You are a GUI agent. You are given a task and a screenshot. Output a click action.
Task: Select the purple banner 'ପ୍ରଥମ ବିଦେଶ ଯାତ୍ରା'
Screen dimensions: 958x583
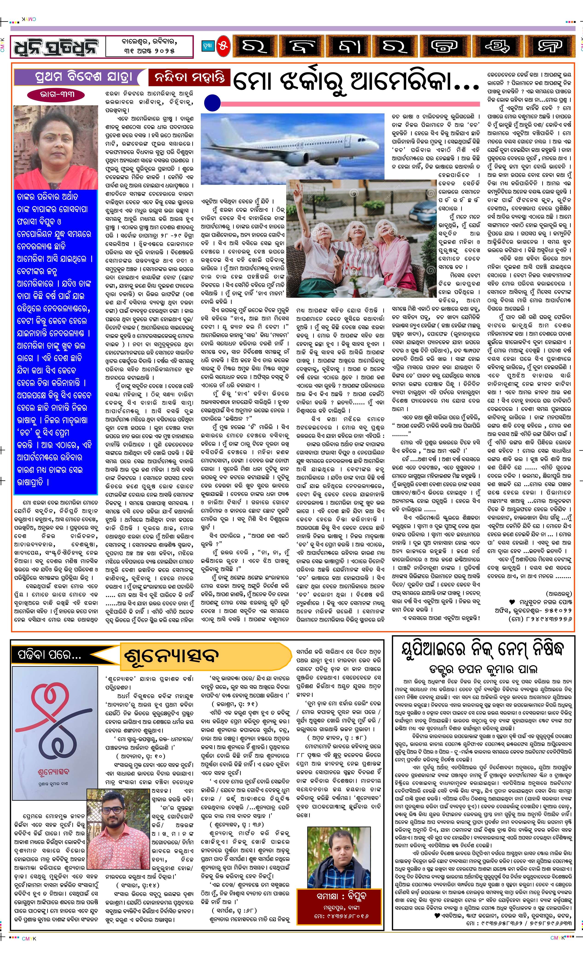pos(78,77)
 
